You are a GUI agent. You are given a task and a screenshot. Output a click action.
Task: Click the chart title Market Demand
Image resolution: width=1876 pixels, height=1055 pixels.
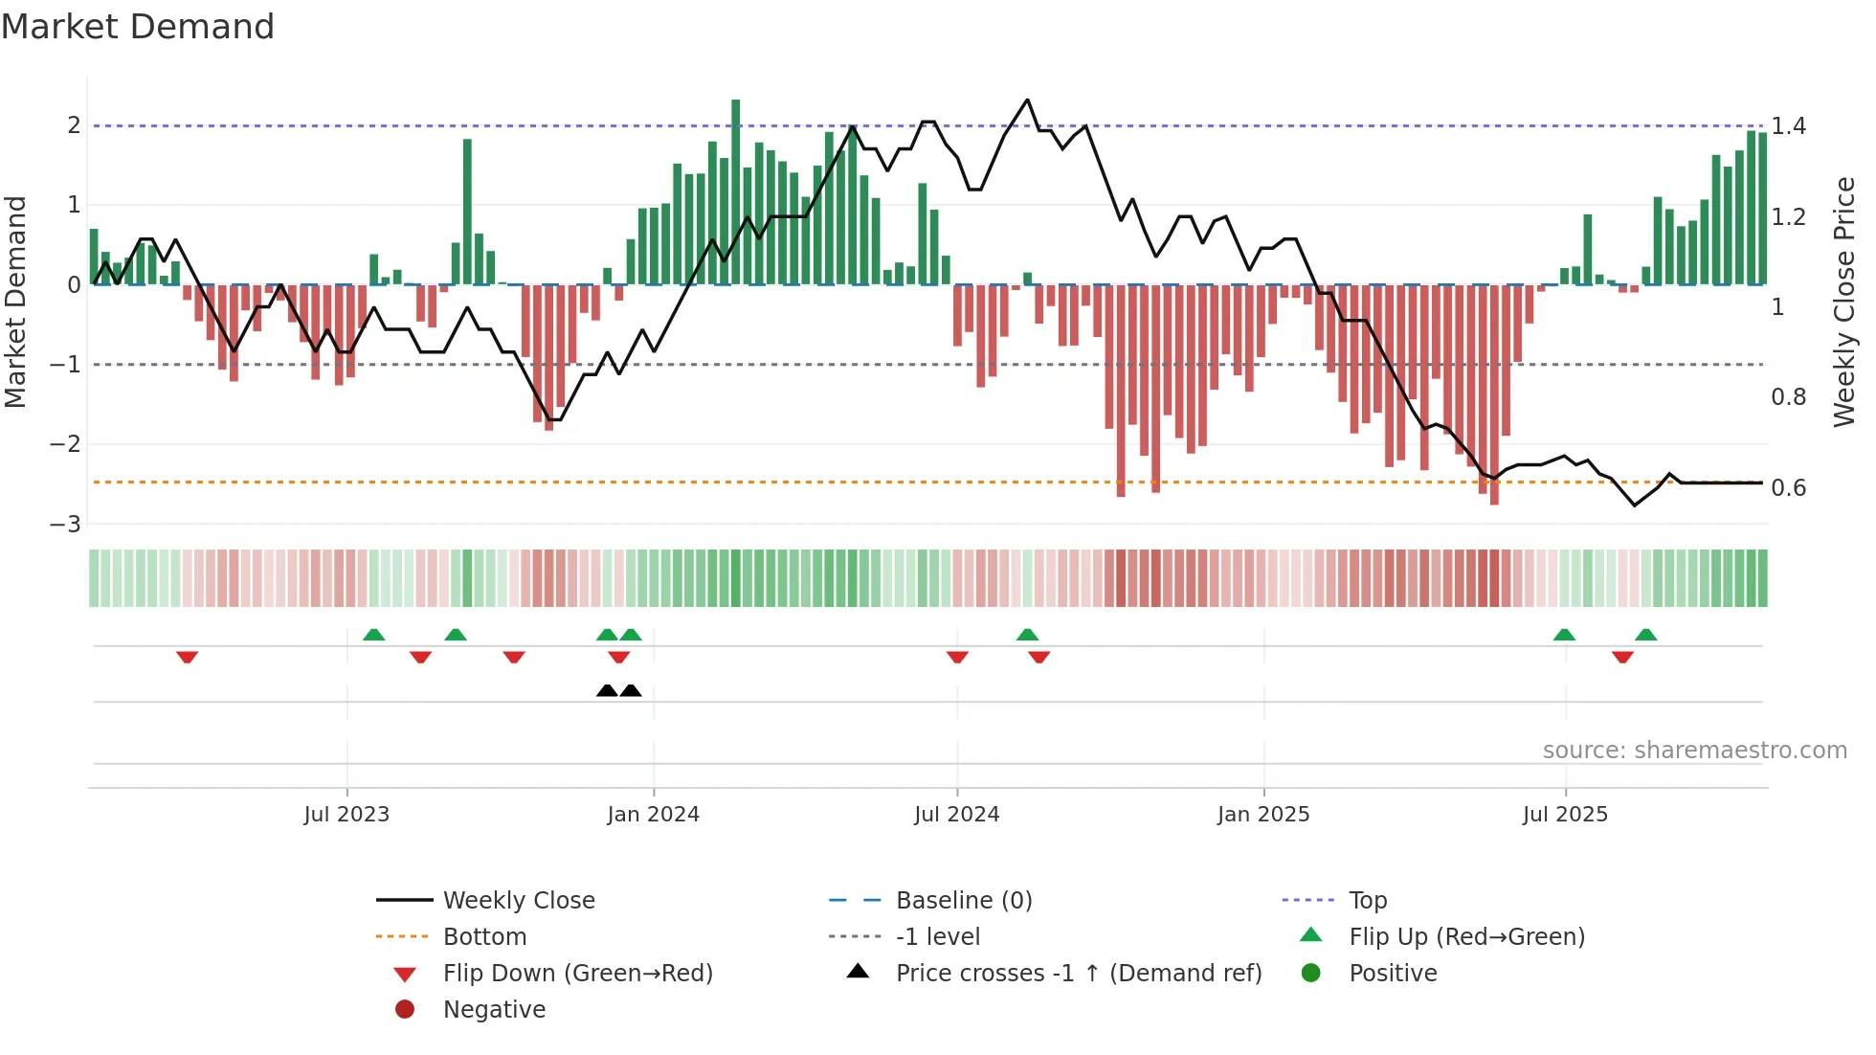click(138, 27)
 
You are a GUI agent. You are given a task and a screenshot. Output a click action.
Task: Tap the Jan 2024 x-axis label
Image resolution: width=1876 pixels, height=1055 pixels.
click(653, 815)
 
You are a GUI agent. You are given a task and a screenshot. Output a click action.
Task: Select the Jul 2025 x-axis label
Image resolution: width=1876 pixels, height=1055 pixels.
click(1565, 815)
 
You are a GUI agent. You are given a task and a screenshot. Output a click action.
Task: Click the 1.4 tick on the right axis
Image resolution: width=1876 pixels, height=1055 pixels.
click(1788, 126)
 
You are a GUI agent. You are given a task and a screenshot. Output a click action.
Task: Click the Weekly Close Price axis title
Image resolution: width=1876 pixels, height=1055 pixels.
click(1843, 302)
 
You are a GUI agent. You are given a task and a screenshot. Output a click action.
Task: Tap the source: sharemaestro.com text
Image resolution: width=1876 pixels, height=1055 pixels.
click(1694, 751)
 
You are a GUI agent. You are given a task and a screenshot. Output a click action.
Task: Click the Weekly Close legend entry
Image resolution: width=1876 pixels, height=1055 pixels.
click(518, 901)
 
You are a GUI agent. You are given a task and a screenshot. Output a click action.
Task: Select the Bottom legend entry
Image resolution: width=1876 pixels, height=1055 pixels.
click(484, 937)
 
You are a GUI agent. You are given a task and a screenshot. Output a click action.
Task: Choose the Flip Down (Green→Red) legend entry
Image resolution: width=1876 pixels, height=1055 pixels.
click(577, 974)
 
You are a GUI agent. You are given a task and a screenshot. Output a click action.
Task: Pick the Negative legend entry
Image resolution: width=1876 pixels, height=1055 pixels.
click(494, 1010)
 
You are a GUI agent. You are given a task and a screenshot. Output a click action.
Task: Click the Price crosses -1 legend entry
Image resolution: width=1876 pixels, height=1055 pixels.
click(1079, 974)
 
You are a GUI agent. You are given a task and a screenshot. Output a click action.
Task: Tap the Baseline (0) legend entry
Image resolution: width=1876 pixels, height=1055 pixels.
click(963, 901)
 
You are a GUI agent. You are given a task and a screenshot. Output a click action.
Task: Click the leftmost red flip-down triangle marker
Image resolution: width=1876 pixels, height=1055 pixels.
click(187, 657)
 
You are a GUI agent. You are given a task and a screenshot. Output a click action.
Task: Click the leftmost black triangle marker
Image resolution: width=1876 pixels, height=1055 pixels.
click(607, 690)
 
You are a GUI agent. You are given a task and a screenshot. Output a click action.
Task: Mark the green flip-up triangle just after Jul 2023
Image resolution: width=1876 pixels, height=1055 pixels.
click(374, 635)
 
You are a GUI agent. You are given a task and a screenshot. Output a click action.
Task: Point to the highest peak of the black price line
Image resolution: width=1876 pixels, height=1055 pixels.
click(1027, 100)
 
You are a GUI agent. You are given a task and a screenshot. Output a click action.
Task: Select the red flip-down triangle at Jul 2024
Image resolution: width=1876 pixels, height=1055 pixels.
click(957, 657)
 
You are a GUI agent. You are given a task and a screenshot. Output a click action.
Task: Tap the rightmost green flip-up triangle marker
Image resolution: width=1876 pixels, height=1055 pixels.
click(1645, 635)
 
